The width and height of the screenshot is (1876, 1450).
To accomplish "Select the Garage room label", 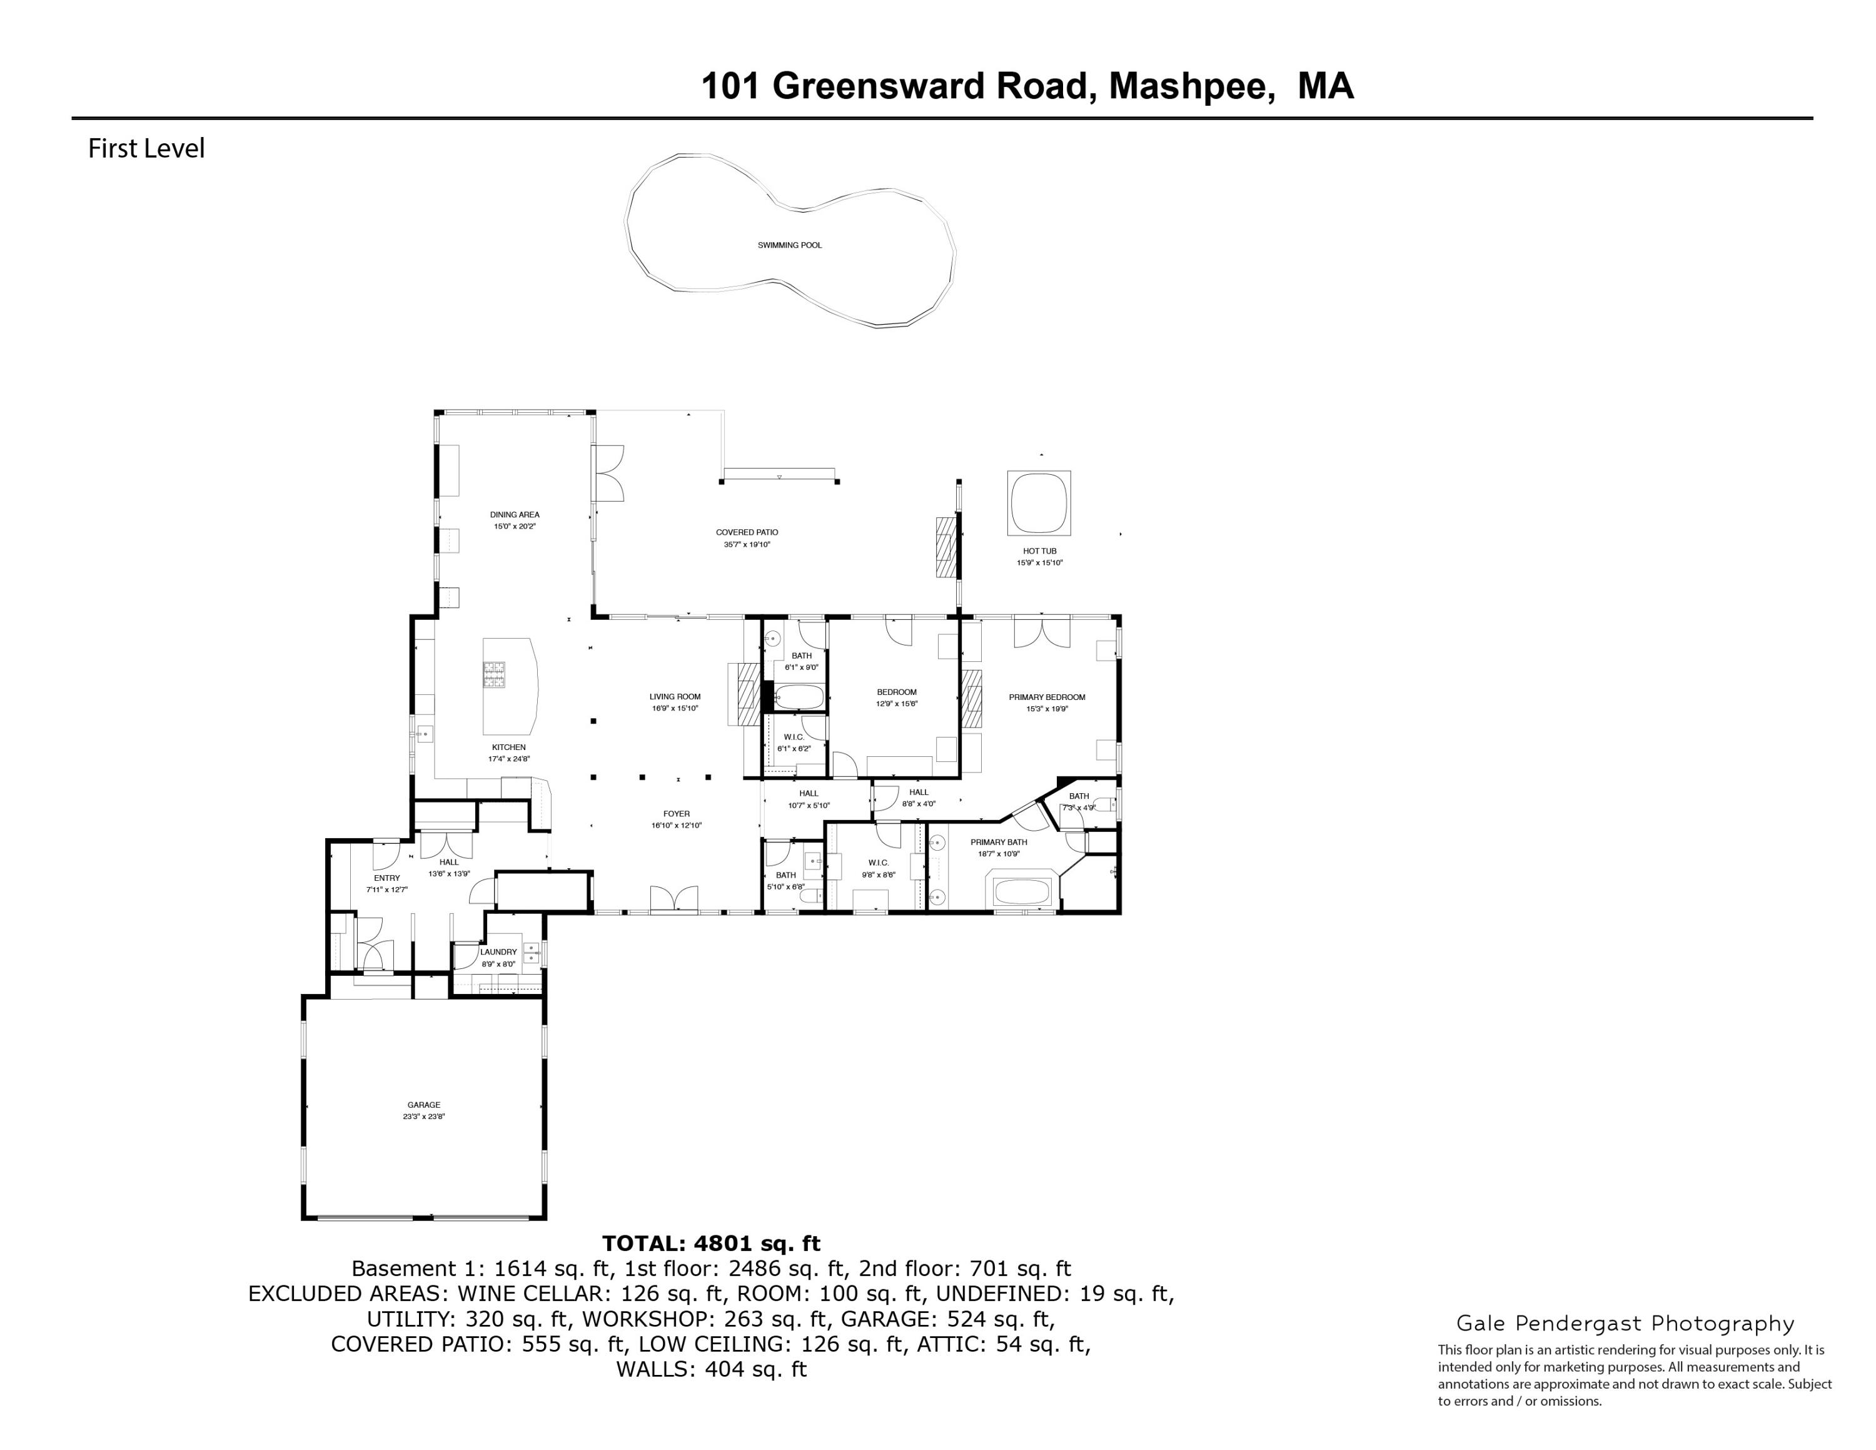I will point(423,1105).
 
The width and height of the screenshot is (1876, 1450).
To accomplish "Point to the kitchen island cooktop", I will point(494,674).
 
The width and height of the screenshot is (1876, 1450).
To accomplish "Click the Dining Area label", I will point(515,515).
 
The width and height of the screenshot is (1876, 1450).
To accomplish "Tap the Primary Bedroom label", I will point(1046,697).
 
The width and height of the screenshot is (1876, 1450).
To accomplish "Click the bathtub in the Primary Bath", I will point(1022,891).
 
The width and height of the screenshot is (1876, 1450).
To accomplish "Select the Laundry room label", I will point(498,952).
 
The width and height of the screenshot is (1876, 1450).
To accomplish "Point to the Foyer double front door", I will point(673,898).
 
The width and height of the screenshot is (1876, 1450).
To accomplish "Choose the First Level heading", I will point(146,149).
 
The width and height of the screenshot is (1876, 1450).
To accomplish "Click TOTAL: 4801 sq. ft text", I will point(710,1243).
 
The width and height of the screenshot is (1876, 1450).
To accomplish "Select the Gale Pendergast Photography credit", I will point(1625,1324).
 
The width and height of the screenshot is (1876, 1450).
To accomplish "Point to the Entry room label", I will point(386,878).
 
